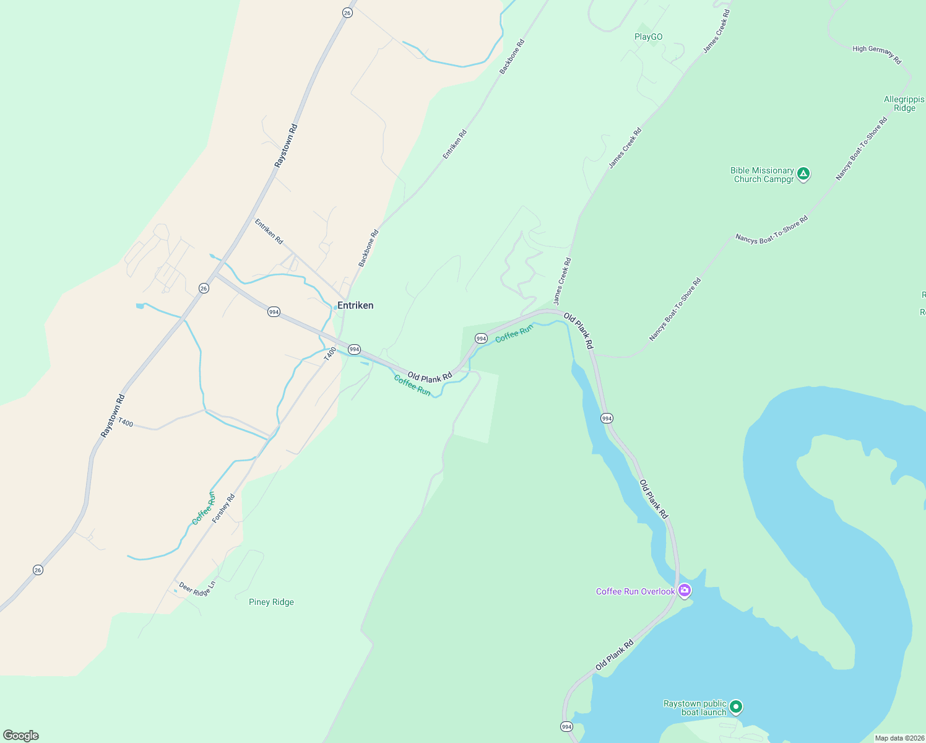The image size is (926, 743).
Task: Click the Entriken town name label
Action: (355, 305)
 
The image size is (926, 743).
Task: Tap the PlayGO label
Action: (648, 37)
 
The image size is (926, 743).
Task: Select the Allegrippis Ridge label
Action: (904, 103)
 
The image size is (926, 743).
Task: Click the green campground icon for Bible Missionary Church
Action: (803, 174)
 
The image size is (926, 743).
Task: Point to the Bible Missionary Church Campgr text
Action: (763, 175)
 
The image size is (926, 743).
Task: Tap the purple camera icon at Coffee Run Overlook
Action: (684, 591)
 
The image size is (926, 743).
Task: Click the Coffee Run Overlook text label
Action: (635, 591)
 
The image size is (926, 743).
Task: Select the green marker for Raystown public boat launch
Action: (735, 706)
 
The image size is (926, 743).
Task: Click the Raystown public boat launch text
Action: (694, 708)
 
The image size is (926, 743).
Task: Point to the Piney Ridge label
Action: (271, 602)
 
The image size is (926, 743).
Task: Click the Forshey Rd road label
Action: (223, 508)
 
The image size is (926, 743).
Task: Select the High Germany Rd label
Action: (876, 54)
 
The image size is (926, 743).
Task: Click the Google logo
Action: (20, 736)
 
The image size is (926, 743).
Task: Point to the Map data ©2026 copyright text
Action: (899, 738)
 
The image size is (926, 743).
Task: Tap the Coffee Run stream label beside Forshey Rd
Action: (204, 508)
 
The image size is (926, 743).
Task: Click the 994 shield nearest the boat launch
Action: (566, 726)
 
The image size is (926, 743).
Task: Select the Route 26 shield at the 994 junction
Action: (204, 288)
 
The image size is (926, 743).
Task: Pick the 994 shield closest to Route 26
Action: (274, 311)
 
